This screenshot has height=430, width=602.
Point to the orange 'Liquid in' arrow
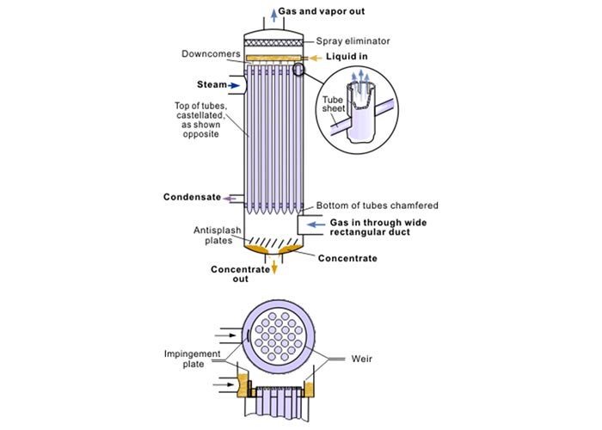click(320, 58)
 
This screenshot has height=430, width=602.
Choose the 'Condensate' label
click(192, 197)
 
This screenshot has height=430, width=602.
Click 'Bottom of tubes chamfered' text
click(378, 206)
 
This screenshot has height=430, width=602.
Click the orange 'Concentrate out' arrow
click(275, 267)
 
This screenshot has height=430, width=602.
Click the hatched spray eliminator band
click(274, 41)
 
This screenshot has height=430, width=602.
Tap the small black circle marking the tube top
click(299, 70)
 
